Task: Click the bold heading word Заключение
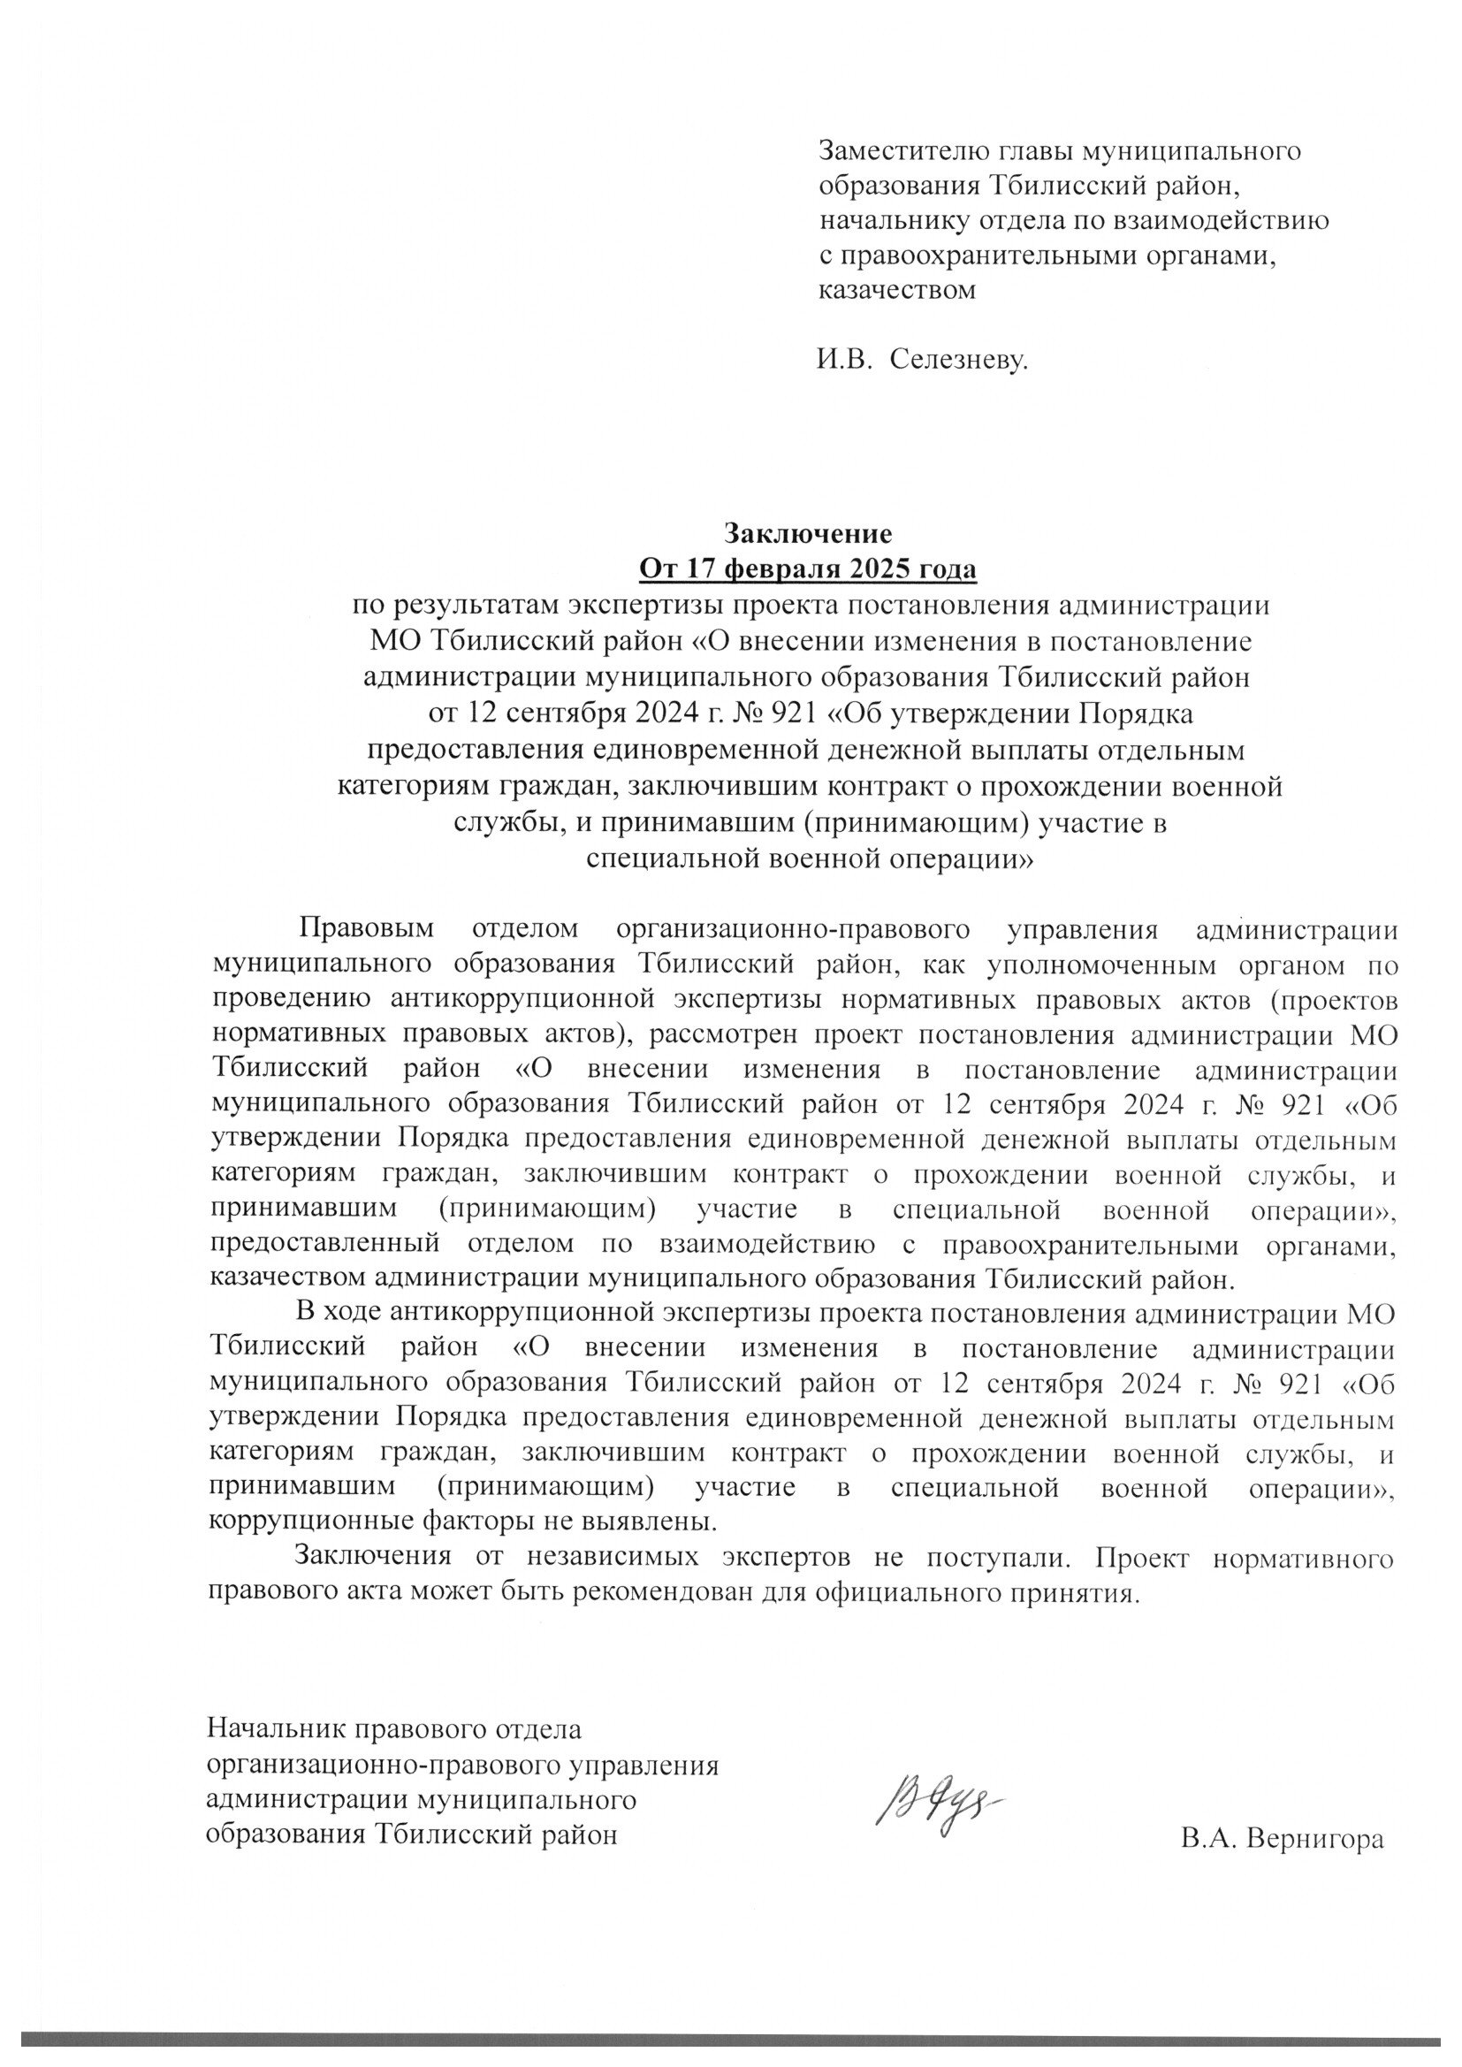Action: click(x=808, y=534)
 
